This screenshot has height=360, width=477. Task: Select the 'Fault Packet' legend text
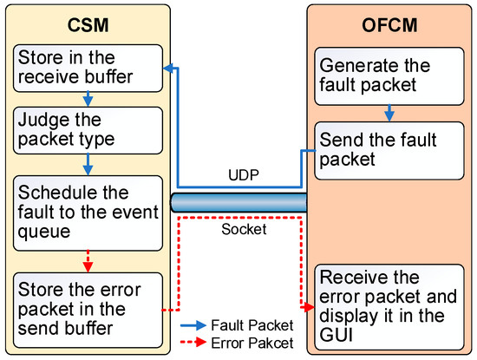click(251, 324)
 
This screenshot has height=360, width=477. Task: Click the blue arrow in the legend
click(198, 324)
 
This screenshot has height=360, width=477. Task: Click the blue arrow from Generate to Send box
click(389, 113)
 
